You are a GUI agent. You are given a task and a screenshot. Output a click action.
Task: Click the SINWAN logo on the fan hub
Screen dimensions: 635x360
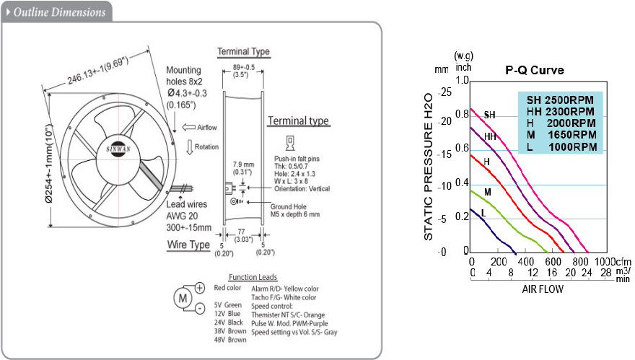pyautogui.click(x=118, y=149)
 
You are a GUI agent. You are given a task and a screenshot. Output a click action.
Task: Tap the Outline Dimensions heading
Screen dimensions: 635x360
pyautogui.click(x=59, y=12)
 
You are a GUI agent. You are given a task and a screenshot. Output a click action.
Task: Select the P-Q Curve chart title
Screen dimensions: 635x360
pyautogui.click(x=535, y=70)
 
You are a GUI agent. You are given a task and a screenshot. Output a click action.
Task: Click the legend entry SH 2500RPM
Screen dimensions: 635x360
pyautogui.click(x=560, y=100)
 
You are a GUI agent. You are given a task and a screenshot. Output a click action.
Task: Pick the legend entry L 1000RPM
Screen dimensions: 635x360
pyautogui.click(x=561, y=147)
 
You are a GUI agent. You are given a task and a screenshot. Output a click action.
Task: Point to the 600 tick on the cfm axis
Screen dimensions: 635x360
pyautogui.click(x=553, y=262)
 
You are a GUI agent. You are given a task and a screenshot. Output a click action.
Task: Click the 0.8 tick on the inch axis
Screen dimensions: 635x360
pyautogui.click(x=462, y=114)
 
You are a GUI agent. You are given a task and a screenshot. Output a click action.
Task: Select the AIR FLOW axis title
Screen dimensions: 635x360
pyautogui.click(x=543, y=289)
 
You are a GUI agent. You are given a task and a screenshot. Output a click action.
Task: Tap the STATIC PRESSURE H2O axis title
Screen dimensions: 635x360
pyautogui.click(x=428, y=167)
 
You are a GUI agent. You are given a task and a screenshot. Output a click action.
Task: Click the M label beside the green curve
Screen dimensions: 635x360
pyautogui.click(x=488, y=192)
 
